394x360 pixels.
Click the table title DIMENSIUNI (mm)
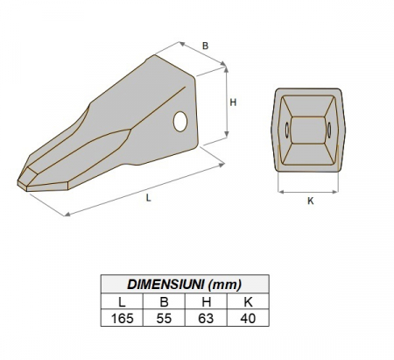coord(184,283)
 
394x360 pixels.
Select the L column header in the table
coord(121,301)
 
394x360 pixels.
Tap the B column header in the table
coord(163,301)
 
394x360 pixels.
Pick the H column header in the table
coord(205,301)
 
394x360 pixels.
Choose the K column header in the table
coord(247,301)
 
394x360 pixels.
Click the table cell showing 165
coord(121,319)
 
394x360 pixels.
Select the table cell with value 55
coord(163,319)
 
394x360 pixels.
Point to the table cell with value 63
coord(205,319)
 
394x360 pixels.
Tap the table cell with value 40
coord(247,319)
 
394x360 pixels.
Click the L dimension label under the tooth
coord(149,199)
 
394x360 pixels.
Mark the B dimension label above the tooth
coord(205,46)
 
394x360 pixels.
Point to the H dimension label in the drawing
coord(233,102)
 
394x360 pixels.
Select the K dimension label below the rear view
coord(311,201)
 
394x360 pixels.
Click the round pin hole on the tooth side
coord(181,121)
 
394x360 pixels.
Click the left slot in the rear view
coord(285,131)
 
